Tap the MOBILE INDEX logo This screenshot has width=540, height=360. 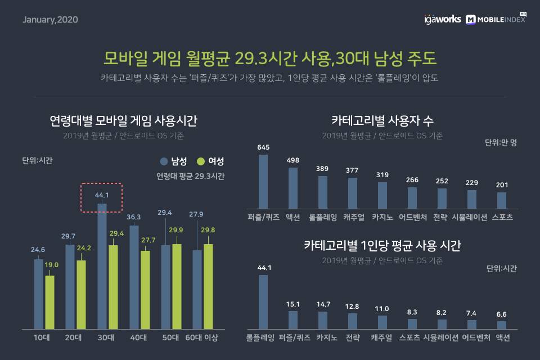tap(496, 19)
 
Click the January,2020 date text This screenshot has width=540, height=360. tap(50, 20)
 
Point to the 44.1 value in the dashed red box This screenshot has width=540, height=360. tap(102, 195)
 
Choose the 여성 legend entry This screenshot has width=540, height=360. tap(210, 161)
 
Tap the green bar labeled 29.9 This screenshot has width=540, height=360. tap(177, 286)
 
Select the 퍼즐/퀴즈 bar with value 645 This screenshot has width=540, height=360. tap(263, 181)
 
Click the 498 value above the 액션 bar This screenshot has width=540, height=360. tap(292, 160)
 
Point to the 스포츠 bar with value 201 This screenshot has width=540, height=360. tap(502, 200)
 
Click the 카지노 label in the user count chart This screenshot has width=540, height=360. tap(382, 217)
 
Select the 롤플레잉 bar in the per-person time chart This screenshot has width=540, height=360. tap(263, 301)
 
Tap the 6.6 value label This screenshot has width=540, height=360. tap(502, 313)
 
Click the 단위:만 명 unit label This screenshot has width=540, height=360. tap(501, 142)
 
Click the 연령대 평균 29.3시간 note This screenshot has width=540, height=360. tap(191, 176)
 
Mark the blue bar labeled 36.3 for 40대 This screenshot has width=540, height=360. tap(134, 277)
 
